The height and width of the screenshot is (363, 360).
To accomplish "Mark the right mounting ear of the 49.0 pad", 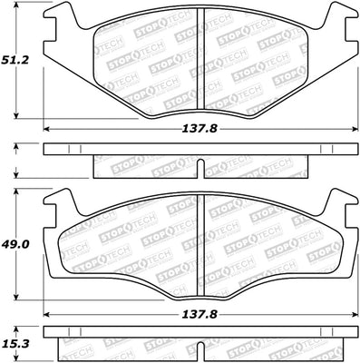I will tap(341, 204).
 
